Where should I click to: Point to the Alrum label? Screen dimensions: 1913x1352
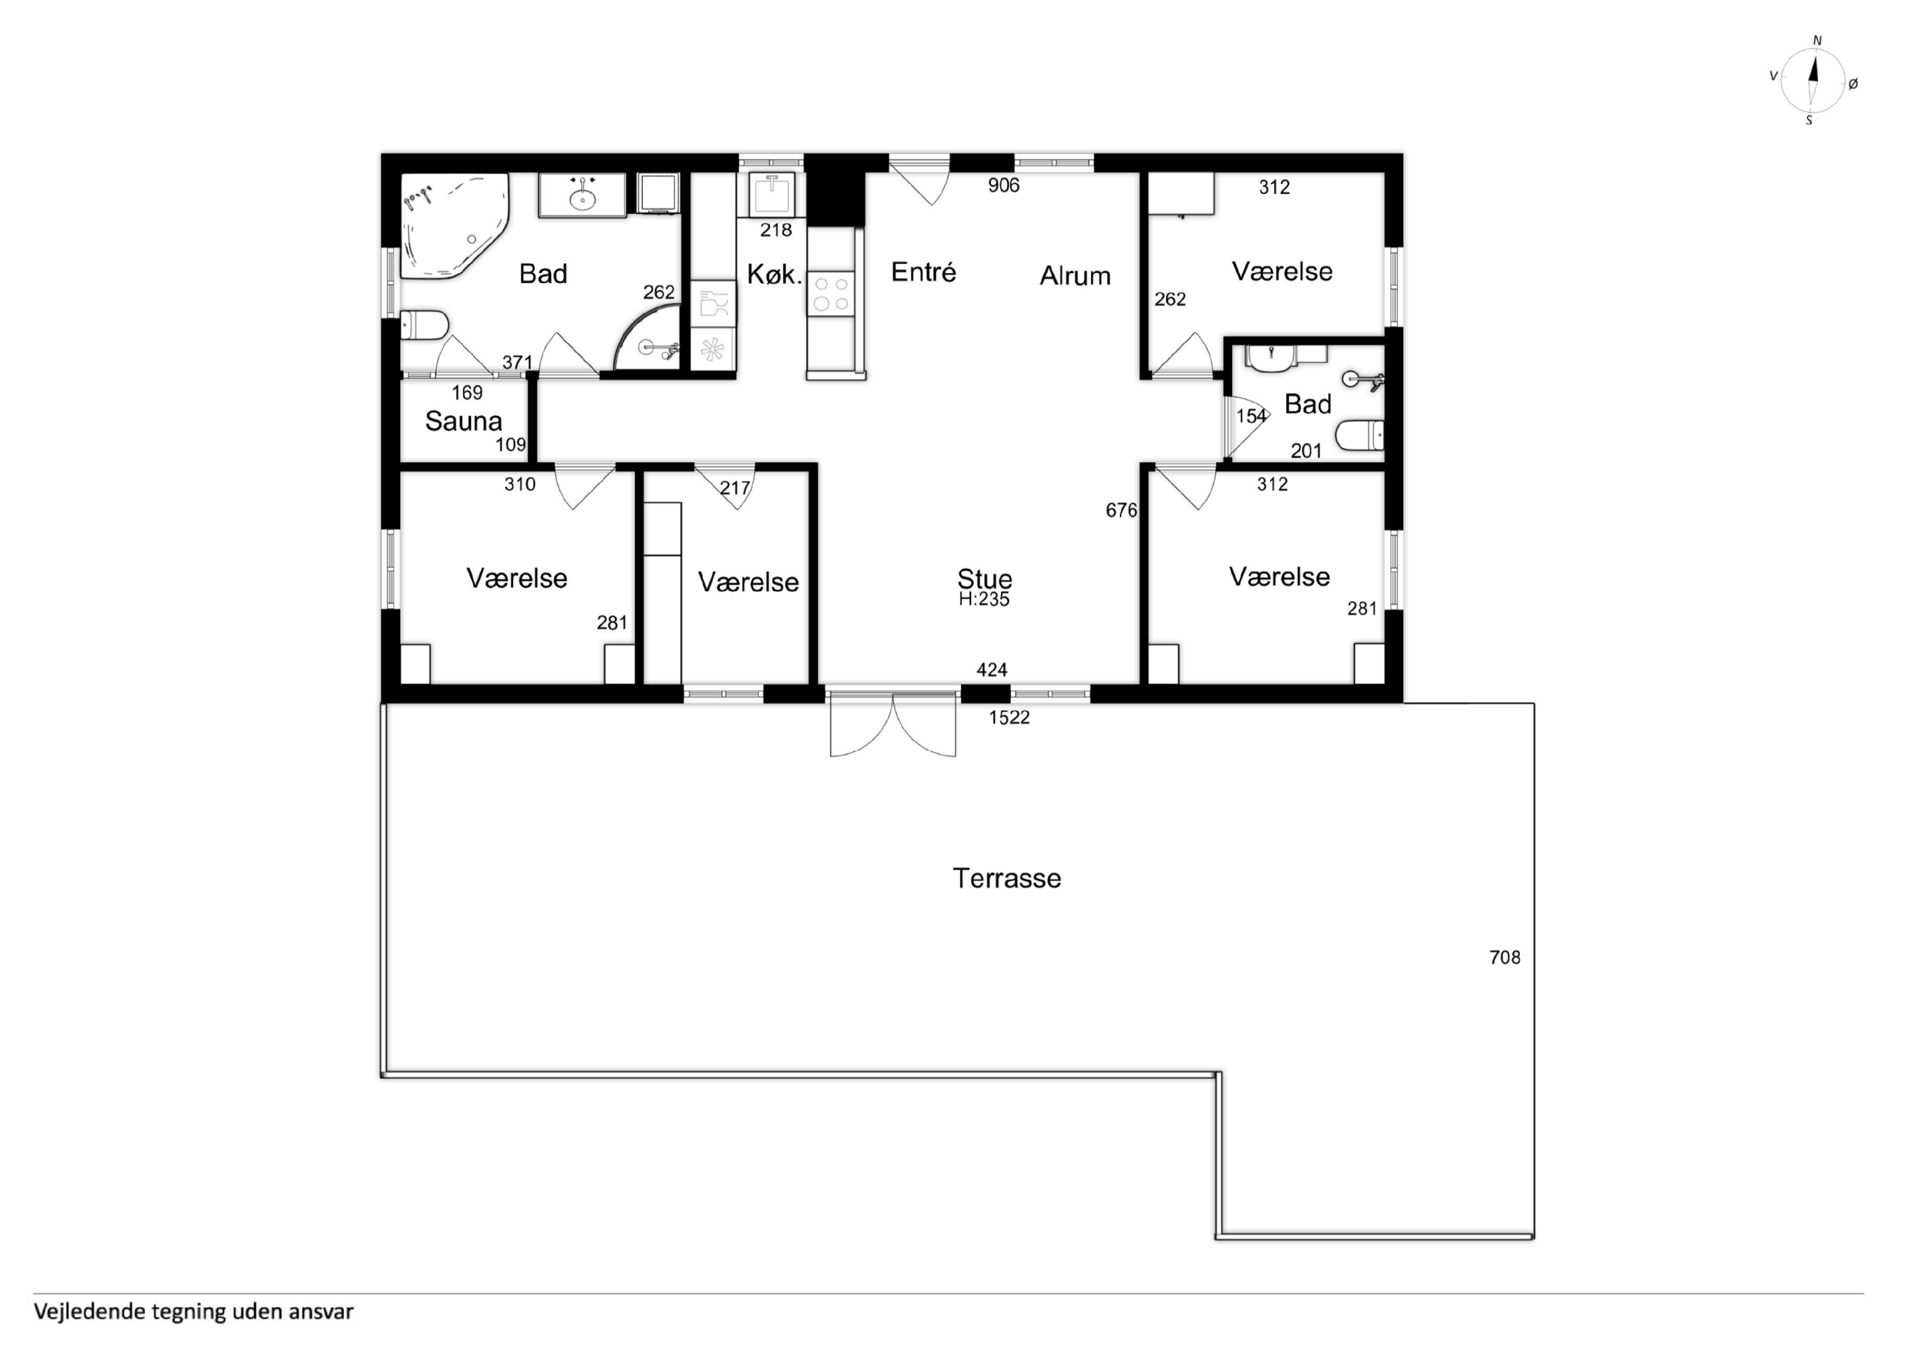pos(1075,276)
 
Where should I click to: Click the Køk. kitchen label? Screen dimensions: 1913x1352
pos(774,274)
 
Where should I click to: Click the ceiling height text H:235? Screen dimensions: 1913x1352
pos(984,599)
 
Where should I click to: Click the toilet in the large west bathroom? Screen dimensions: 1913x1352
pos(424,325)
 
